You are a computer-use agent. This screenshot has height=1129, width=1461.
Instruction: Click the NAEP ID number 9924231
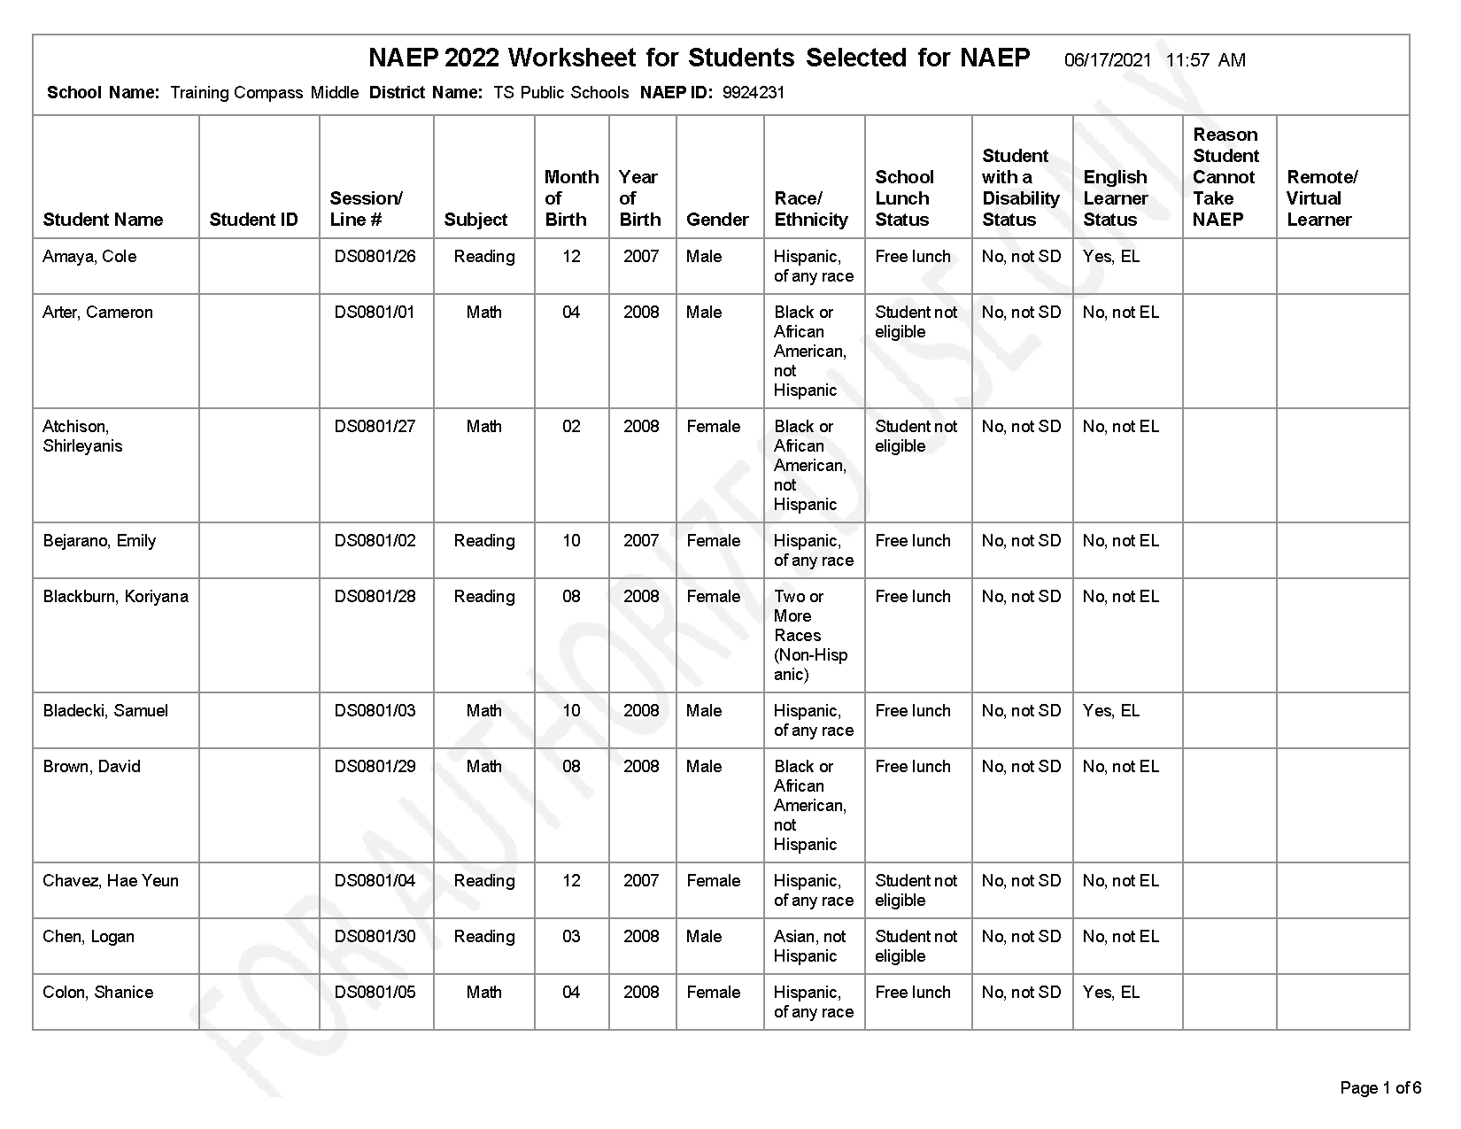coord(754,93)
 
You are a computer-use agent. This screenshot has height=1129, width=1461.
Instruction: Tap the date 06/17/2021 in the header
coord(1108,60)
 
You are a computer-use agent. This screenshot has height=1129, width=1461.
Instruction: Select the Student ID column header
coord(253,220)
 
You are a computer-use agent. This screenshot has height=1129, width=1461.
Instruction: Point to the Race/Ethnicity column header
coord(811,209)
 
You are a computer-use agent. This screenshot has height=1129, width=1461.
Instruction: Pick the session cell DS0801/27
coord(375,427)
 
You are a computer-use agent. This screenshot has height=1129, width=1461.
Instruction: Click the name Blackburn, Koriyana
coord(115,597)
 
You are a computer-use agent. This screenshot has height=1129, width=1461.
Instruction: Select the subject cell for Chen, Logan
coord(483,937)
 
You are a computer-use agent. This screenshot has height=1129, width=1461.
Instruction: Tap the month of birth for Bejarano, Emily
coord(571,541)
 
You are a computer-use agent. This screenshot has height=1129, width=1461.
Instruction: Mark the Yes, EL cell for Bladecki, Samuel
coord(1111,711)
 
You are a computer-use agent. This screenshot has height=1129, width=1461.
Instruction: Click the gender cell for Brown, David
coord(704,767)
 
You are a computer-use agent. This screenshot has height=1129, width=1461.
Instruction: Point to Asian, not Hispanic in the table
coord(809,947)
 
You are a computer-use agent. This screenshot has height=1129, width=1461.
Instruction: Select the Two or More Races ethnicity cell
coord(810,636)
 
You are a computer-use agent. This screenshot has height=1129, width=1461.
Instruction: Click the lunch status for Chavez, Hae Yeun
coord(916,891)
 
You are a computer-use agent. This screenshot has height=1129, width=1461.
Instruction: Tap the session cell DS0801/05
coord(375,993)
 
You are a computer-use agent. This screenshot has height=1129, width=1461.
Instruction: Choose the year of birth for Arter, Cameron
coord(641,313)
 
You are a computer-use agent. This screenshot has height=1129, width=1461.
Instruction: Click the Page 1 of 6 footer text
coord(1380,1088)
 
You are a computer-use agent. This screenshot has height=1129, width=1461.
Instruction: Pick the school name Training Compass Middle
coord(264,93)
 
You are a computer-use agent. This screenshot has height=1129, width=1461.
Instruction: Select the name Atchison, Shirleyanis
coord(82,437)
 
